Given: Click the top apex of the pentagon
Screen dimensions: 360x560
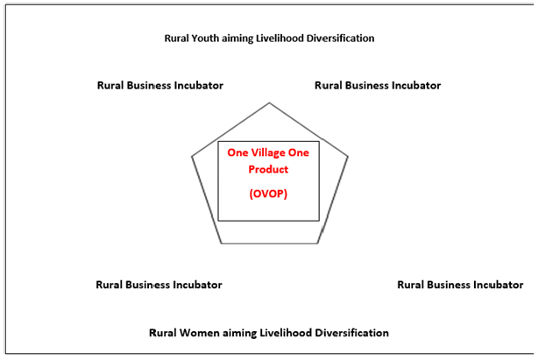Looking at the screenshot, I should click(x=269, y=102).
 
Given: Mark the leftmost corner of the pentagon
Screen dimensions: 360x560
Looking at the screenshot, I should click(x=192, y=157).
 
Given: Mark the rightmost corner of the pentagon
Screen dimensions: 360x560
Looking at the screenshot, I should click(x=348, y=157).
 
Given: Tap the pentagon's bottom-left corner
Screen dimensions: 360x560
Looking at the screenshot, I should click(x=221, y=243).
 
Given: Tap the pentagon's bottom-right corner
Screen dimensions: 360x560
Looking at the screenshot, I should click(x=318, y=243).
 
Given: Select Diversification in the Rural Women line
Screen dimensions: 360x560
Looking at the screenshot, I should click(x=350, y=333).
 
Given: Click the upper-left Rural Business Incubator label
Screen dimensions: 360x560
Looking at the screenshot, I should click(x=159, y=85).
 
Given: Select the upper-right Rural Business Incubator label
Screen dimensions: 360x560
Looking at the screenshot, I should click(x=377, y=85).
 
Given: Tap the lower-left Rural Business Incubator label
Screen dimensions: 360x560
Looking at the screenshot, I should click(x=159, y=285).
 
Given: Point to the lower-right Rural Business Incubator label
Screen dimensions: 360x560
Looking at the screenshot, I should click(x=460, y=285).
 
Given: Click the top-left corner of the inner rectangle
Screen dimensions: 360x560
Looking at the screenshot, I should click(x=218, y=141).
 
